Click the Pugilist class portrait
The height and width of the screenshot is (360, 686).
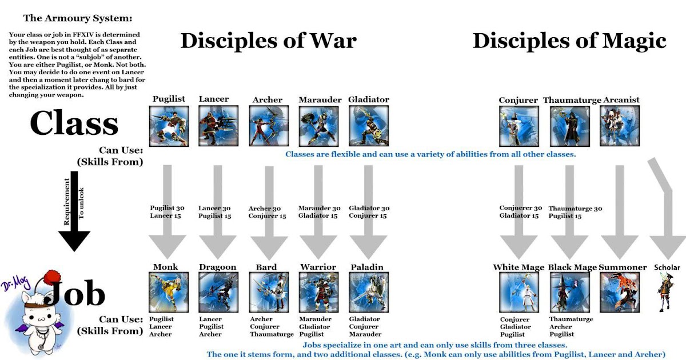169,126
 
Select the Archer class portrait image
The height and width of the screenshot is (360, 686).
269,126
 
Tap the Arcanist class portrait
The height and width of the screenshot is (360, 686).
620,126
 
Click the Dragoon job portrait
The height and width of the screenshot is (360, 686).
218,293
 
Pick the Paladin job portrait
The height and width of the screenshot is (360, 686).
369,293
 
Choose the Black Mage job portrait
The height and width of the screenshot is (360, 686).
569,293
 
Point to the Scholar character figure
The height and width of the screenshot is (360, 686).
665,293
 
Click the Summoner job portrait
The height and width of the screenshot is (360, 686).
620,293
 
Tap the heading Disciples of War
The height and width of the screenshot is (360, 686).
269,41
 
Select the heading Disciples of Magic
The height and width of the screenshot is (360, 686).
569,41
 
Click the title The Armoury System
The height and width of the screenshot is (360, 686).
78,18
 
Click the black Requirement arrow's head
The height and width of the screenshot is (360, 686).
74,241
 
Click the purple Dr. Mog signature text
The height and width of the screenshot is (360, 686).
16,283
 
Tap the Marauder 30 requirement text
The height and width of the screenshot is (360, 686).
320,208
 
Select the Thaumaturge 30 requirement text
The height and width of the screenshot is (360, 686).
575,209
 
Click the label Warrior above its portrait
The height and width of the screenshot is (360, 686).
318,267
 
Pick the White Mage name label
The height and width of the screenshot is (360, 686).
519,267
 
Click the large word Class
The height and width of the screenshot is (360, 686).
74,123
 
